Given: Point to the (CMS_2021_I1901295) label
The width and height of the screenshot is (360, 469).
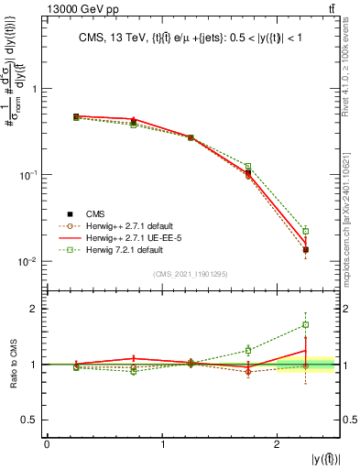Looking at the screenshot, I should click(192, 274).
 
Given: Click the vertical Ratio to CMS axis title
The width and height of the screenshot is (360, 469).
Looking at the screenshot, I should click(12, 364).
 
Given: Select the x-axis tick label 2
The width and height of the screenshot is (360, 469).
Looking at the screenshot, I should click(278, 444).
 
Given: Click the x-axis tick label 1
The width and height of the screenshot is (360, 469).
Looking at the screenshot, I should click(163, 444).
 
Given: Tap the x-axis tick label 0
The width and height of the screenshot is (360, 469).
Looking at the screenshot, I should click(48, 444).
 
